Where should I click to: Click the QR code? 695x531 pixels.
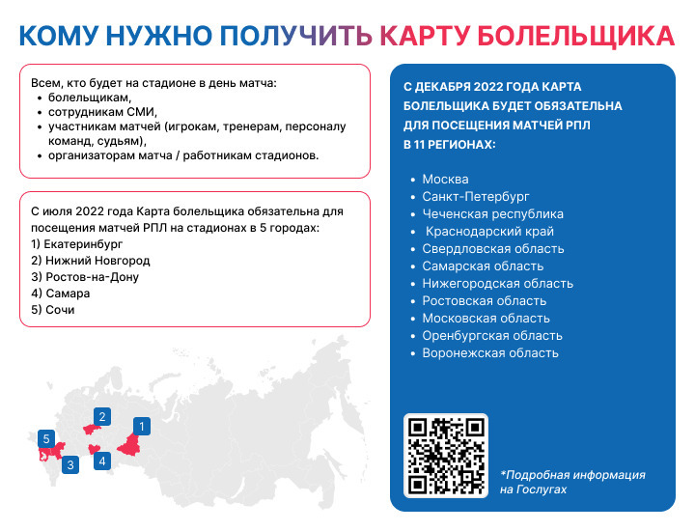[x=446, y=456]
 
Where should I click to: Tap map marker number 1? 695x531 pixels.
[x=142, y=427]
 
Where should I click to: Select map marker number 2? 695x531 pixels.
[x=102, y=417]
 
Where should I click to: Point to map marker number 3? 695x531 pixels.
[x=70, y=465]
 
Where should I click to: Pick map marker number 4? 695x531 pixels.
[x=102, y=461]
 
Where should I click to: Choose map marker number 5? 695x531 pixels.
[x=46, y=439]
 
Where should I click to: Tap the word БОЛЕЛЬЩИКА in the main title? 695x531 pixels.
[x=575, y=36]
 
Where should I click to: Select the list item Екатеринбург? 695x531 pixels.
[x=76, y=244]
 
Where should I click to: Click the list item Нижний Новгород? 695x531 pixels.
[x=91, y=261]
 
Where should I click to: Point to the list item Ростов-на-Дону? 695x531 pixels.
[x=85, y=277]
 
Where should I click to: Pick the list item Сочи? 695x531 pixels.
[x=53, y=310]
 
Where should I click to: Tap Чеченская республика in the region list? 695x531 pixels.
[x=492, y=214]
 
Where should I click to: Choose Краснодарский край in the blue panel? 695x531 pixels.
[x=489, y=232]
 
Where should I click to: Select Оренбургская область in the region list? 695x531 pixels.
[x=492, y=336]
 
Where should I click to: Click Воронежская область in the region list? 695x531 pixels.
[x=490, y=352]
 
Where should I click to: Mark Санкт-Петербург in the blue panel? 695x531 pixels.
[x=476, y=196]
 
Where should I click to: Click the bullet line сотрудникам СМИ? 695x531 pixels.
[x=102, y=112]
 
